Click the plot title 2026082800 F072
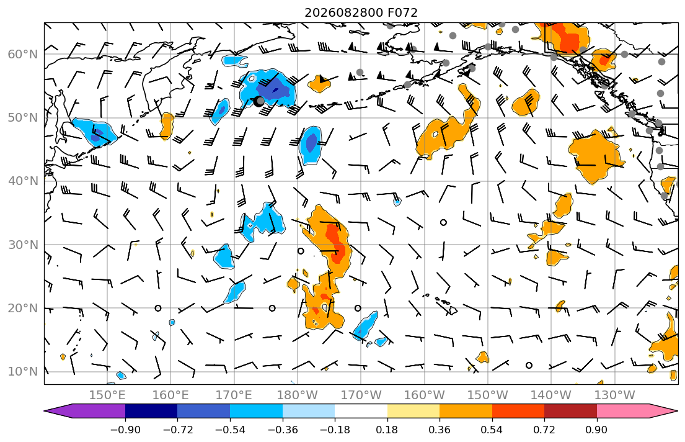click(x=361, y=12)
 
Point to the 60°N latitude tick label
click(x=23, y=54)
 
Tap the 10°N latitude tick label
click(x=23, y=372)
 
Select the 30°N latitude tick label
click(x=23, y=245)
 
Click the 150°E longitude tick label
click(x=107, y=395)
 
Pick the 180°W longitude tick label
click(x=298, y=395)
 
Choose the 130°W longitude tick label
click(x=615, y=395)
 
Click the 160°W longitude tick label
click(x=424, y=395)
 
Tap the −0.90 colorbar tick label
click(x=125, y=430)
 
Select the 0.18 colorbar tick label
click(x=387, y=430)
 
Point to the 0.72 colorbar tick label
click(x=544, y=430)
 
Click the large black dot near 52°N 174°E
click(x=259, y=101)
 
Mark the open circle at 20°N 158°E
click(x=158, y=308)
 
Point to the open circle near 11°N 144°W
click(x=529, y=365)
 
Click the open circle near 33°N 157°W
click(x=443, y=222)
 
